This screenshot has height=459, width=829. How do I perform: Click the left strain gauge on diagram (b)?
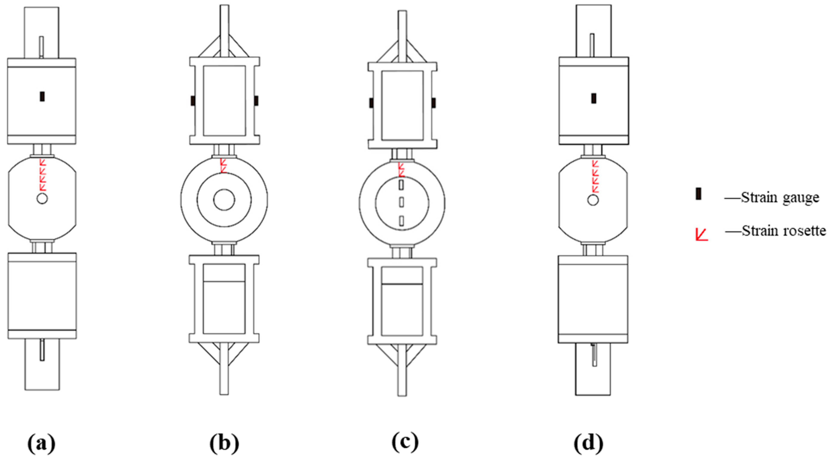click(x=193, y=101)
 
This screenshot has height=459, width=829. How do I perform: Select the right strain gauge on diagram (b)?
click(x=256, y=101)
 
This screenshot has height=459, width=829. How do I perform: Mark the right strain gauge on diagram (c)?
click(x=434, y=103)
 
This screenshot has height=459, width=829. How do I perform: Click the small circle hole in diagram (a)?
click(x=42, y=198)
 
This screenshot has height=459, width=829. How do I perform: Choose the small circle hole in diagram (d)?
click(x=593, y=200)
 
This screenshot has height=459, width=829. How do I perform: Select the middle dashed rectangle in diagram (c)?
click(x=402, y=202)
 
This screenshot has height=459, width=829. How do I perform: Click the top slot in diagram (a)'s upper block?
click(x=41, y=47)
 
